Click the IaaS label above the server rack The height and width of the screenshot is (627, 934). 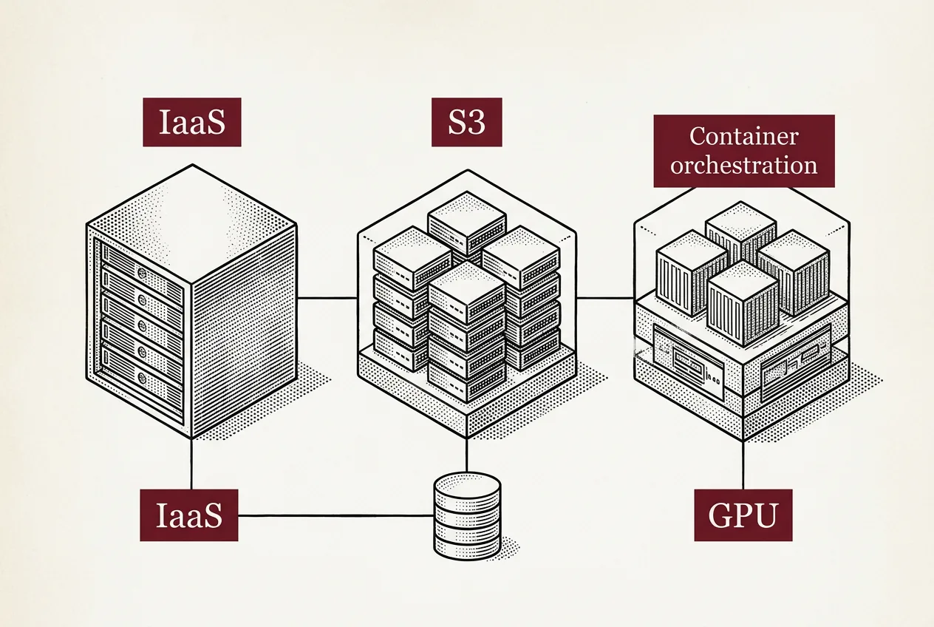click(x=192, y=122)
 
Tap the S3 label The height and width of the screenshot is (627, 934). click(x=466, y=122)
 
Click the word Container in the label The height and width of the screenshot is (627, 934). click(x=744, y=136)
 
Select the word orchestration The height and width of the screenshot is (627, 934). click(x=744, y=165)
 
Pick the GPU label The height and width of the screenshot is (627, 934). click(x=743, y=515)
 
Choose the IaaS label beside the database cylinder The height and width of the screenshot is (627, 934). click(x=189, y=515)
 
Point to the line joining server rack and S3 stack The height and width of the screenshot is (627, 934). click(x=327, y=298)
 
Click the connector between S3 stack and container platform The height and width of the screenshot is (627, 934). click(x=605, y=298)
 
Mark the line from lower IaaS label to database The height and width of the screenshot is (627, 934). click(x=336, y=515)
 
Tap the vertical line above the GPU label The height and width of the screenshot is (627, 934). click(x=743, y=465)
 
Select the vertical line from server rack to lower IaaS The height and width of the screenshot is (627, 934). click(x=191, y=464)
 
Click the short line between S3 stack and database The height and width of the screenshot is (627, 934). click(x=466, y=455)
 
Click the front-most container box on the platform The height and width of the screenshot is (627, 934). click(x=743, y=302)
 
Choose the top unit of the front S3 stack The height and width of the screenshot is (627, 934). click(x=466, y=292)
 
